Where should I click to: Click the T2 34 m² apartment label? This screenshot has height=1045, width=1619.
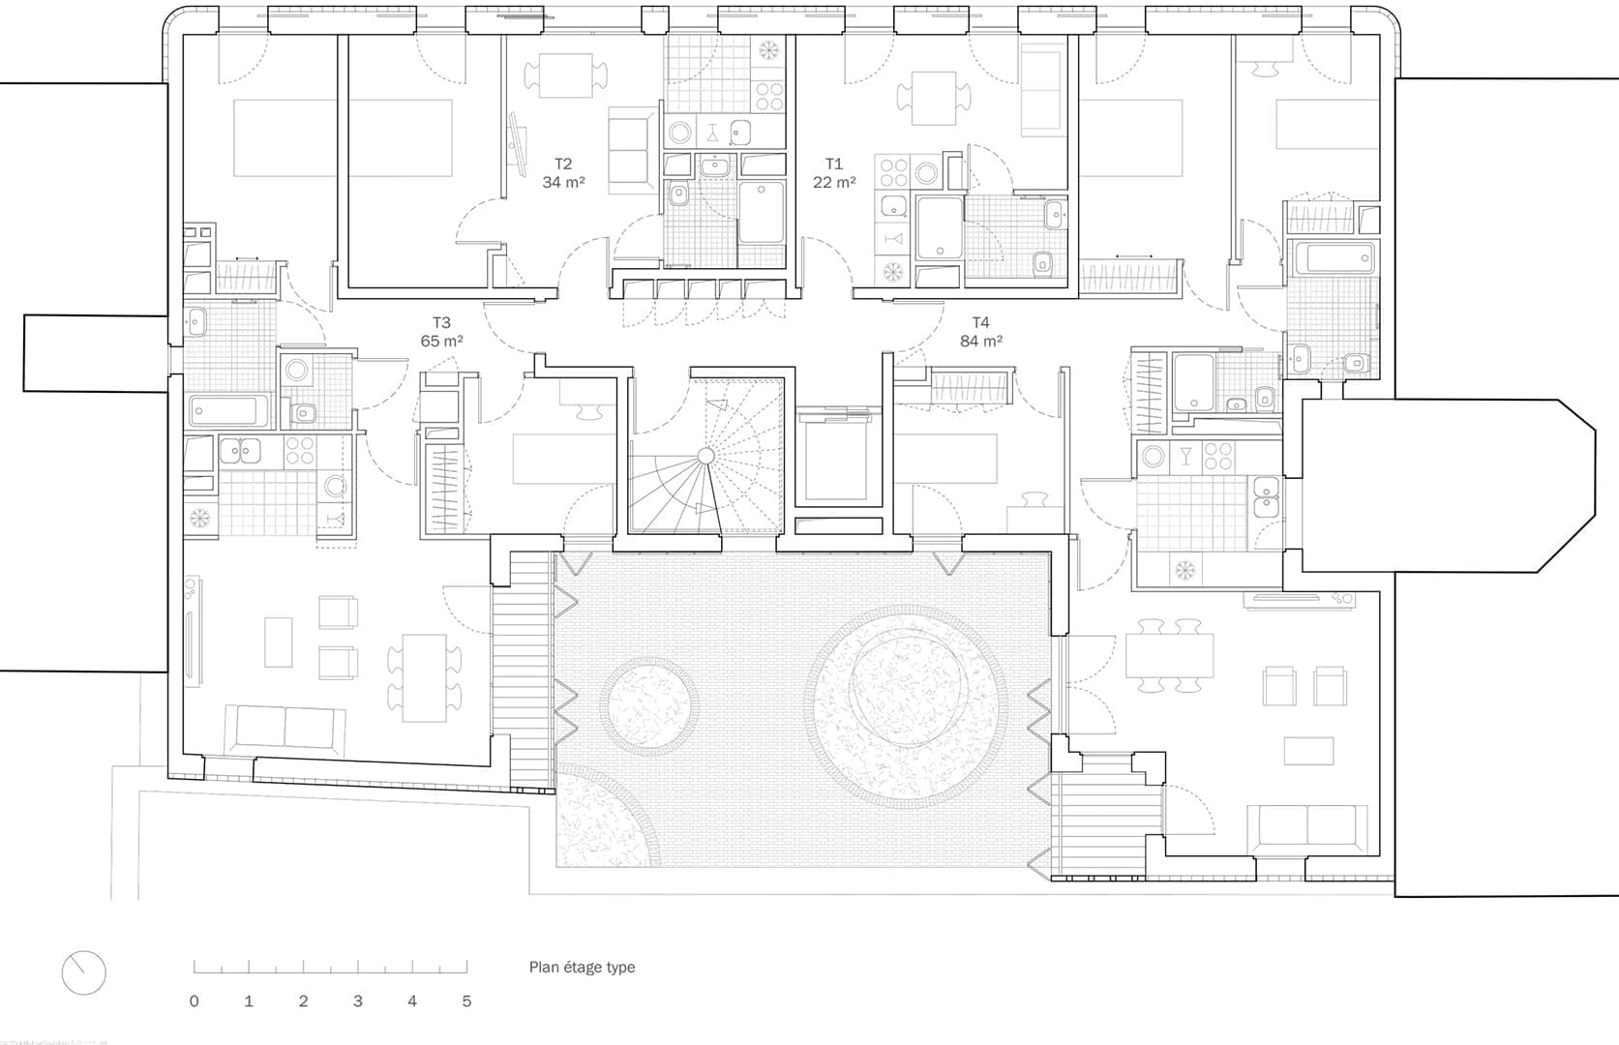pyautogui.click(x=563, y=173)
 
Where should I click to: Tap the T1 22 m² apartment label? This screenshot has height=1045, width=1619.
pyautogui.click(x=833, y=173)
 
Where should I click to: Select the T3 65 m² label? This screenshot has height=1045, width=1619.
pyautogui.click(x=441, y=332)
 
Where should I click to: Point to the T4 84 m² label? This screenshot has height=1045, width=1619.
pyautogui.click(x=980, y=332)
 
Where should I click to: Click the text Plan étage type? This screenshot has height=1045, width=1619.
pyautogui.click(x=582, y=967)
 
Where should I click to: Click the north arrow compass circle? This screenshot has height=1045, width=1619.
pyautogui.click(x=83, y=971)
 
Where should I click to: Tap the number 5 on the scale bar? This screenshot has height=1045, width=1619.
pyautogui.click(x=466, y=1001)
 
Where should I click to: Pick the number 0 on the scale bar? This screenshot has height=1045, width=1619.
pyautogui.click(x=194, y=1001)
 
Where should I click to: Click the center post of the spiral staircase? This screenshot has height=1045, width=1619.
pyautogui.click(x=705, y=455)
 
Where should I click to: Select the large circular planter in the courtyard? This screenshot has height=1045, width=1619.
pyautogui.click(x=907, y=707)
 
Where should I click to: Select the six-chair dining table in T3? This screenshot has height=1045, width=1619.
pyautogui.click(x=425, y=677)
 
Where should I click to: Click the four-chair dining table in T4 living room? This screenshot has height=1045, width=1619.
pyautogui.click(x=1169, y=655)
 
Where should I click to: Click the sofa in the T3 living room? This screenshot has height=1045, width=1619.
pyautogui.click(x=285, y=731)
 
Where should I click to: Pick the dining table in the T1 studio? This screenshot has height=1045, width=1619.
pyautogui.click(x=933, y=98)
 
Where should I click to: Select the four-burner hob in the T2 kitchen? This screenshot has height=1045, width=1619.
pyautogui.click(x=769, y=96)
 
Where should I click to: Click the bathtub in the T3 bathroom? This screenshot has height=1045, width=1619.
pyautogui.click(x=226, y=411)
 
